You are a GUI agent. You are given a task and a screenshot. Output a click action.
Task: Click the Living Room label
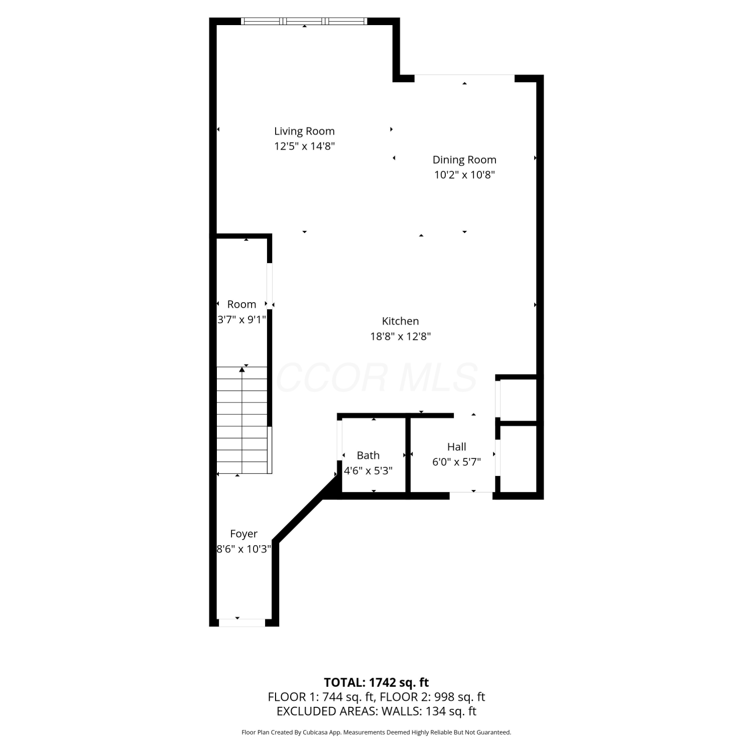pos(304,131)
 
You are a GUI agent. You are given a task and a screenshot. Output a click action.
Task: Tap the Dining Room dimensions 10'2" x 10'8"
pos(465,175)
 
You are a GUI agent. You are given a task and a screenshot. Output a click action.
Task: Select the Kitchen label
pos(400,321)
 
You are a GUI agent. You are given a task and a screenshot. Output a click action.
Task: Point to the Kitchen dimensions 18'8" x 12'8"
pos(401,336)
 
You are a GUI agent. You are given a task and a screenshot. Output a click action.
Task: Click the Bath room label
pos(368,455)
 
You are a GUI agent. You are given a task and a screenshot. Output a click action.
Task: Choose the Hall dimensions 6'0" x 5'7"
pos(457,462)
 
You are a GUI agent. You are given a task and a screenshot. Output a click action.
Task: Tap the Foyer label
pos(244,534)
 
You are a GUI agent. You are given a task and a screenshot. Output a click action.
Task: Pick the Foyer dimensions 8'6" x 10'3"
pos(244,549)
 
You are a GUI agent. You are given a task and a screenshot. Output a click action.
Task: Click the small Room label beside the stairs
pos(241,304)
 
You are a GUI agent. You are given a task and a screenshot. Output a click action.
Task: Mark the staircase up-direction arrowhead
pos(242,369)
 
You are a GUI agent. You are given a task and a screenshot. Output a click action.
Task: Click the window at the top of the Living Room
pos(304,21)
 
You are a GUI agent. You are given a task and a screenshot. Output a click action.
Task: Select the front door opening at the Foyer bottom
pos(242,622)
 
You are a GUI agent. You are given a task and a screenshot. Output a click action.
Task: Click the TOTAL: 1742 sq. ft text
pos(376,682)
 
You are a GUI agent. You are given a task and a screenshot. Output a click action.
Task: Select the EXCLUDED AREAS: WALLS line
pos(376,711)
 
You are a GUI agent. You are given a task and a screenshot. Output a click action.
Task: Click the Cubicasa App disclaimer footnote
pos(376,732)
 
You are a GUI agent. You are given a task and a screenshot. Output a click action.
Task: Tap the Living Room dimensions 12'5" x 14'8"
pos(304,146)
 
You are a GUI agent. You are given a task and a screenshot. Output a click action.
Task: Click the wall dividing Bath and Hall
pos(408,455)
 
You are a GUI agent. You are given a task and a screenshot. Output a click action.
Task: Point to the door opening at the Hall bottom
pos(471,495)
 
